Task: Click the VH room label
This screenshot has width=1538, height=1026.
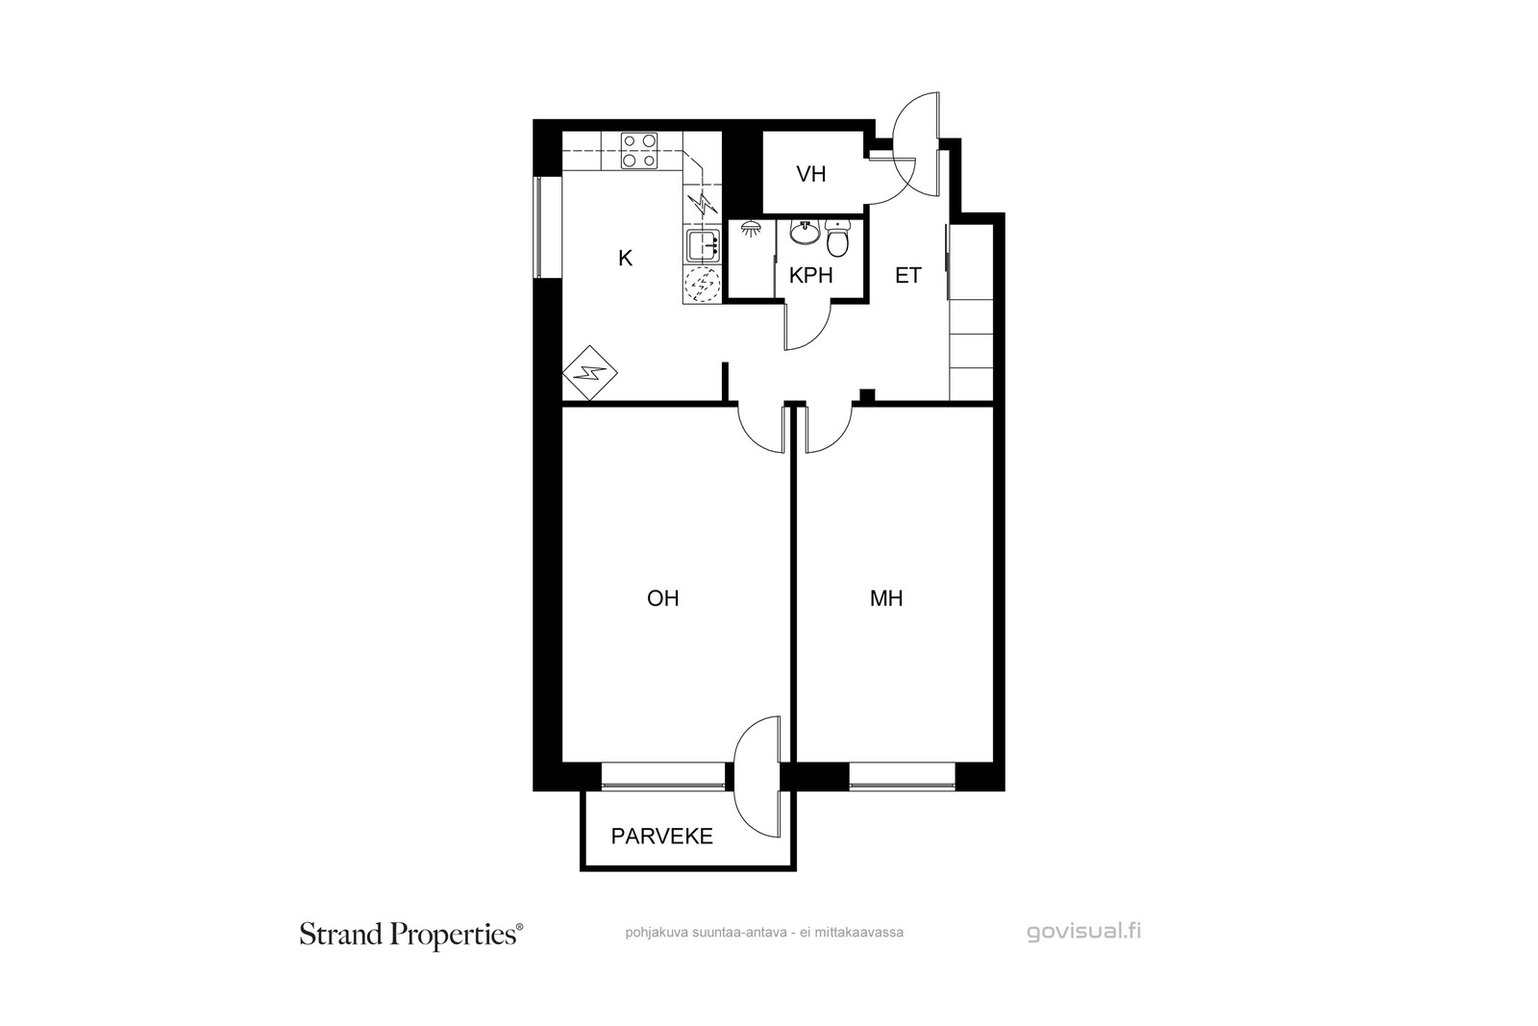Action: tap(811, 174)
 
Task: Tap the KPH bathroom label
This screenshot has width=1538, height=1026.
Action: tap(811, 275)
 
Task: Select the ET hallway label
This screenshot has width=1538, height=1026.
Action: tap(907, 275)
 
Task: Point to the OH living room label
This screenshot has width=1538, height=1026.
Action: tap(663, 598)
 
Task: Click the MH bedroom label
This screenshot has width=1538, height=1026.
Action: tap(886, 598)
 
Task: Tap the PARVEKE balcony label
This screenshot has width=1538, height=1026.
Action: tap(662, 836)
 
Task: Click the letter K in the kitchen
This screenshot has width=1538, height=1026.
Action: tap(625, 259)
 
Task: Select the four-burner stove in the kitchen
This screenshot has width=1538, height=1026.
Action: tap(639, 151)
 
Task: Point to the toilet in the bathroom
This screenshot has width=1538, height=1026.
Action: tap(837, 238)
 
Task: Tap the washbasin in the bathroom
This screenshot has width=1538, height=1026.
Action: tap(805, 232)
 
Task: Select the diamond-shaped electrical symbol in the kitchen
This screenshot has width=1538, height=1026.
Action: tap(590, 373)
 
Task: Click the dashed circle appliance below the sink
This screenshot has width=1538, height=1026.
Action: tap(703, 285)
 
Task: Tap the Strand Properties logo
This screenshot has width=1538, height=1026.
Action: tap(410, 935)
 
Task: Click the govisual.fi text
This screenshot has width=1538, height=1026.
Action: tap(1084, 932)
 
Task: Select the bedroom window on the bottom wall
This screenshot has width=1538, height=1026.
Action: tap(903, 777)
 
